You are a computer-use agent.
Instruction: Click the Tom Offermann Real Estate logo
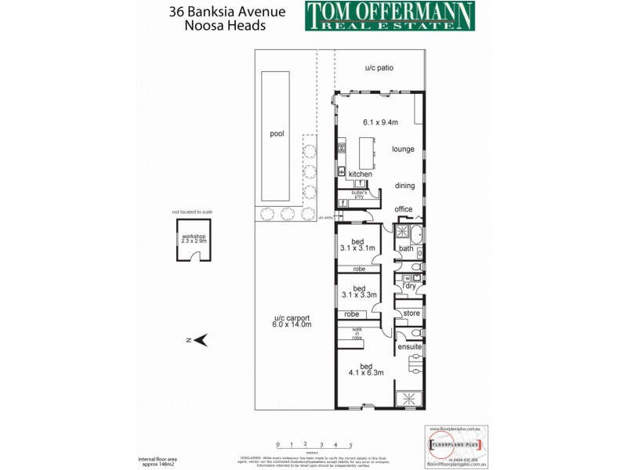pyautogui.click(x=390, y=16)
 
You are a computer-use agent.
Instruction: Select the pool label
pyautogui.click(x=277, y=134)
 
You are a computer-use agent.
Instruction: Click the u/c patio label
pyautogui.click(x=379, y=68)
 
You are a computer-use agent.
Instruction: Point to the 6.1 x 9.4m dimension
pyautogui.click(x=380, y=122)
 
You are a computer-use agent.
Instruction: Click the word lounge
pyautogui.click(x=403, y=148)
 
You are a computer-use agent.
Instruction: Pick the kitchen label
pyautogui.click(x=361, y=174)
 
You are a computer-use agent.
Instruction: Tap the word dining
pyautogui.click(x=404, y=186)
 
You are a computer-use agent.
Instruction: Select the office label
pyautogui.click(x=404, y=209)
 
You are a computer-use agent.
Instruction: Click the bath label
pyautogui.click(x=405, y=249)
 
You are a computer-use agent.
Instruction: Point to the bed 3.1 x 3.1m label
pyautogui.click(x=358, y=244)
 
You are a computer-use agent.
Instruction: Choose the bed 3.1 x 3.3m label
pyautogui.click(x=359, y=291)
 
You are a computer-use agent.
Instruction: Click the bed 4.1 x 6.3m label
pyautogui.click(x=366, y=369)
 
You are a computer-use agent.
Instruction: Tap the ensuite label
pyautogui.click(x=410, y=346)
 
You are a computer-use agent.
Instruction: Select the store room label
pyautogui.click(x=411, y=313)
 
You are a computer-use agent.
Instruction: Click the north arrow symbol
pyautogui.click(x=201, y=339)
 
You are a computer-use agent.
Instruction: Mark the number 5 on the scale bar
pyautogui.click(x=350, y=445)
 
